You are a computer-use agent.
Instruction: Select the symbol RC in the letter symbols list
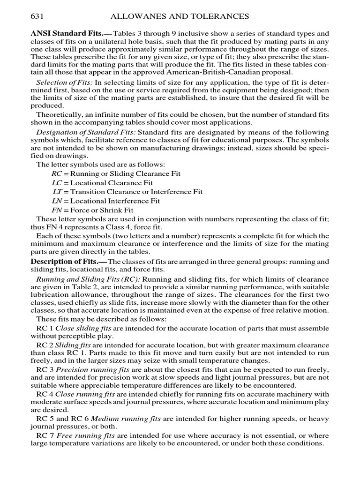(x=57, y=174)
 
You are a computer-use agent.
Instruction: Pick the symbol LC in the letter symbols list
(x=57, y=183)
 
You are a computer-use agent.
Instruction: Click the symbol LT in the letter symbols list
(x=57, y=192)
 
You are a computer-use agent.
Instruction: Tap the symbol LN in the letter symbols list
(x=57, y=201)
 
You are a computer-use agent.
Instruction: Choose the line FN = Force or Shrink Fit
(x=92, y=210)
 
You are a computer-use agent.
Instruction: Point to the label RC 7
(x=45, y=435)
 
